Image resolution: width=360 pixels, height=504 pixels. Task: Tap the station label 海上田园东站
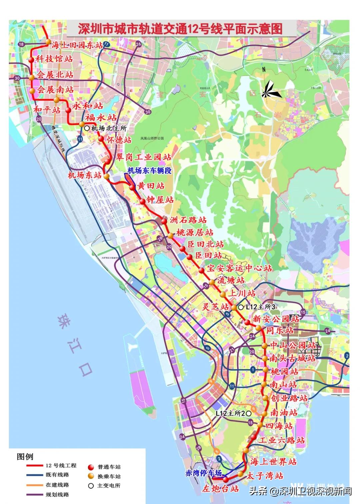point(78,45)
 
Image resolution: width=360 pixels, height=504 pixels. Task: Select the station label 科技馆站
point(54,59)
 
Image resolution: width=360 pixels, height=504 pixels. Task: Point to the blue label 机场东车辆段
point(149,171)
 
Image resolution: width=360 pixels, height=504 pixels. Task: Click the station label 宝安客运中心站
point(239,268)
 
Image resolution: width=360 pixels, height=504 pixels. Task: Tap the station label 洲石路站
point(188,220)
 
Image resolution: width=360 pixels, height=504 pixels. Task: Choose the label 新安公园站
point(276,319)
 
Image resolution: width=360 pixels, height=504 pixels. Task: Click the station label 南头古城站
point(293,359)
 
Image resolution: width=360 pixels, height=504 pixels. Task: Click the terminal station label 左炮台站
point(221,489)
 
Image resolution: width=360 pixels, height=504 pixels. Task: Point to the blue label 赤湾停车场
point(203,473)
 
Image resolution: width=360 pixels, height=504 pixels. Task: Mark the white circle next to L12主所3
point(241,307)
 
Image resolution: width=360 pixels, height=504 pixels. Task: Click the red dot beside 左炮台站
point(226,480)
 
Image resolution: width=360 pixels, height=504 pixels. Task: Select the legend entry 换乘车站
point(109,476)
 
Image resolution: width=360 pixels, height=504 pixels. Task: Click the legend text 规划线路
point(57,494)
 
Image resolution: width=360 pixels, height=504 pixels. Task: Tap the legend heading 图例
point(25,457)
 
